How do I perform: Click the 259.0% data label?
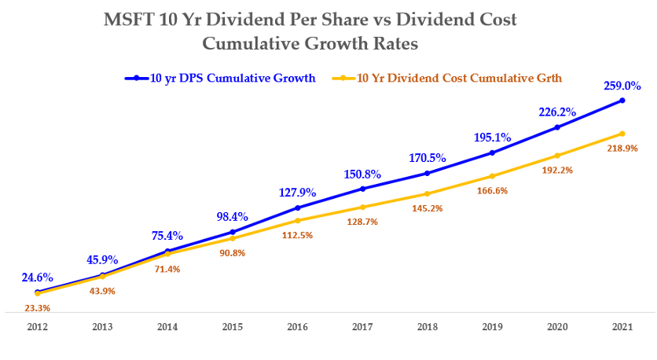point(622,86)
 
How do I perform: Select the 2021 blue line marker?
point(622,101)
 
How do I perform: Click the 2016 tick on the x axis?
point(297,327)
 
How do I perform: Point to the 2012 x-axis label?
point(37,327)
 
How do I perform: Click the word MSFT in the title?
point(129,20)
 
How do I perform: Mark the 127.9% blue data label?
point(297,192)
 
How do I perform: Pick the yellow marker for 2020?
point(557,156)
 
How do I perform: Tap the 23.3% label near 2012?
point(37,307)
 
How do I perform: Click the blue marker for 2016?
point(297,208)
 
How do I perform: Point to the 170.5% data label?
point(427,157)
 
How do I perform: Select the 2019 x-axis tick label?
point(492,327)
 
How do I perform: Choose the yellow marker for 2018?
point(427,194)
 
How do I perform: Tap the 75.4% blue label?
point(167,235)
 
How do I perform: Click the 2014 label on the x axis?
point(167,327)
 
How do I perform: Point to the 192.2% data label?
point(557,171)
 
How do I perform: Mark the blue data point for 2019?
point(492,152)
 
